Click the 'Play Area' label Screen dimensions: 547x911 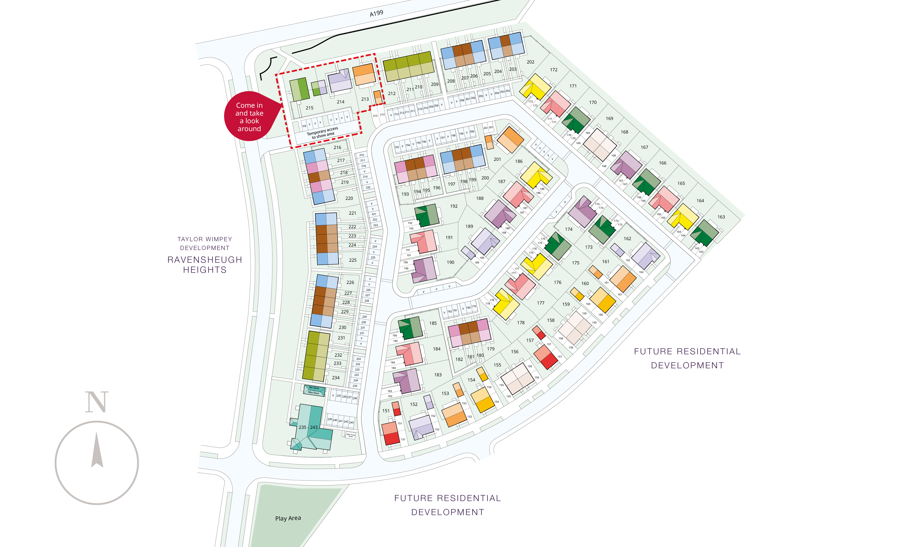[x=288, y=518]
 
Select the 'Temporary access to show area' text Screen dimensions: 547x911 [x=322, y=133]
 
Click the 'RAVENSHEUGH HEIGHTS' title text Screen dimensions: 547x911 [x=205, y=265]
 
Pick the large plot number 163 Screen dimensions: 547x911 [x=721, y=217]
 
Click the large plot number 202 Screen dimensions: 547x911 [x=530, y=62]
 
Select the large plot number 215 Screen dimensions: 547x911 [x=309, y=108]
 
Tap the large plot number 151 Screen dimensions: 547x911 [x=386, y=411]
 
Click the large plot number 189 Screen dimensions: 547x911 [x=469, y=226]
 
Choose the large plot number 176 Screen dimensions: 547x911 [x=558, y=282]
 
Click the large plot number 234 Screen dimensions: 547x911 [x=335, y=378]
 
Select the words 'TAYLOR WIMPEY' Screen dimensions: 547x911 [x=205, y=239]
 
